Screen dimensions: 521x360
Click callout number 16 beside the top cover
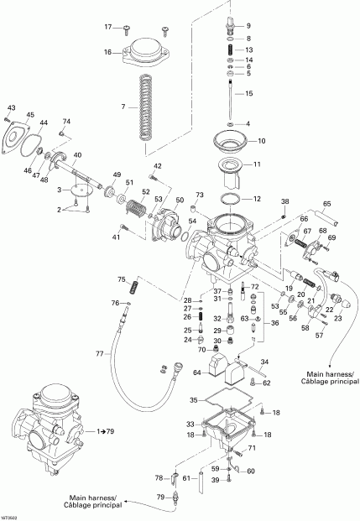tap(107, 52)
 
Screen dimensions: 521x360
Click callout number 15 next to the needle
tap(248, 93)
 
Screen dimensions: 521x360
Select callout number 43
tap(10, 108)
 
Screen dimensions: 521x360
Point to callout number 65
tap(326, 203)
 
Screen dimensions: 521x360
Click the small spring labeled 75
tap(133, 289)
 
